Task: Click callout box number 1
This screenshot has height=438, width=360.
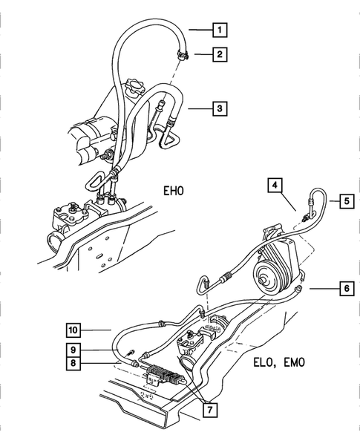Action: [219, 30]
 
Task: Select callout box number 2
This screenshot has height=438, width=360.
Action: [219, 53]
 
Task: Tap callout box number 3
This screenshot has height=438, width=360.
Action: [219, 108]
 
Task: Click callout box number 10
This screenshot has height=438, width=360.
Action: [74, 329]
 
